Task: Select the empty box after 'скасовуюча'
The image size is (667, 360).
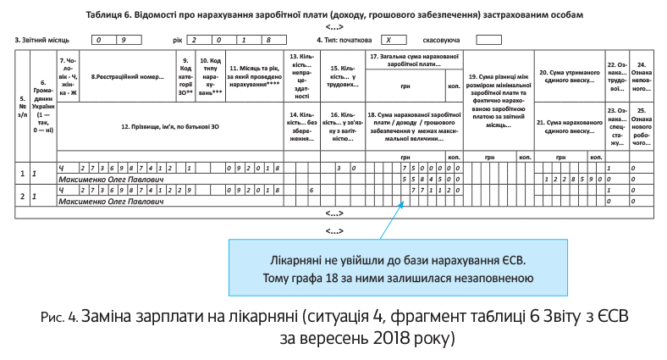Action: point(488,40)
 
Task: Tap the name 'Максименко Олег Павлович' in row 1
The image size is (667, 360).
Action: point(107,180)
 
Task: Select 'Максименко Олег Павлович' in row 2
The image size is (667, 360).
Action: point(107,202)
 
